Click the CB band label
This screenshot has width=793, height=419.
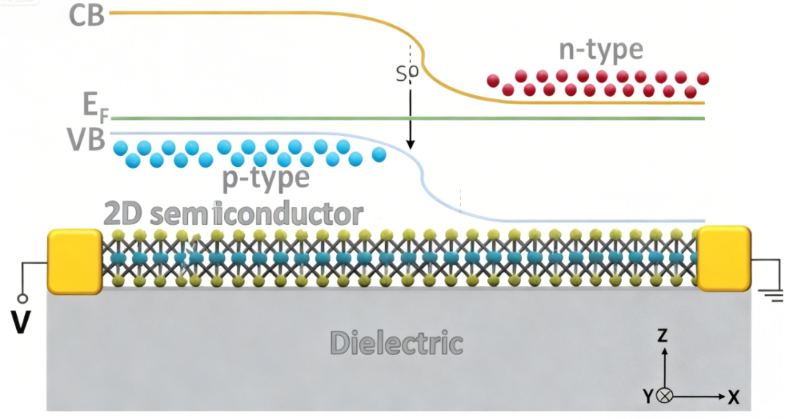point(87,15)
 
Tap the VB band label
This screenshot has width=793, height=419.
point(87,140)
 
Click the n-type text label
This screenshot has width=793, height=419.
point(601,50)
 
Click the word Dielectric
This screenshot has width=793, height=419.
point(396,343)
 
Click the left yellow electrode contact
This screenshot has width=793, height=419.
point(74,259)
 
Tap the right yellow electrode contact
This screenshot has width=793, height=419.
point(724,259)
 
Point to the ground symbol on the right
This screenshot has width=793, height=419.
point(770,296)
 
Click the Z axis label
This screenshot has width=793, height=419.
point(662,336)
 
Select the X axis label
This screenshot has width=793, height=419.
point(733,398)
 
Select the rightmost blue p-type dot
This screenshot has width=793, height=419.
point(379,154)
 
